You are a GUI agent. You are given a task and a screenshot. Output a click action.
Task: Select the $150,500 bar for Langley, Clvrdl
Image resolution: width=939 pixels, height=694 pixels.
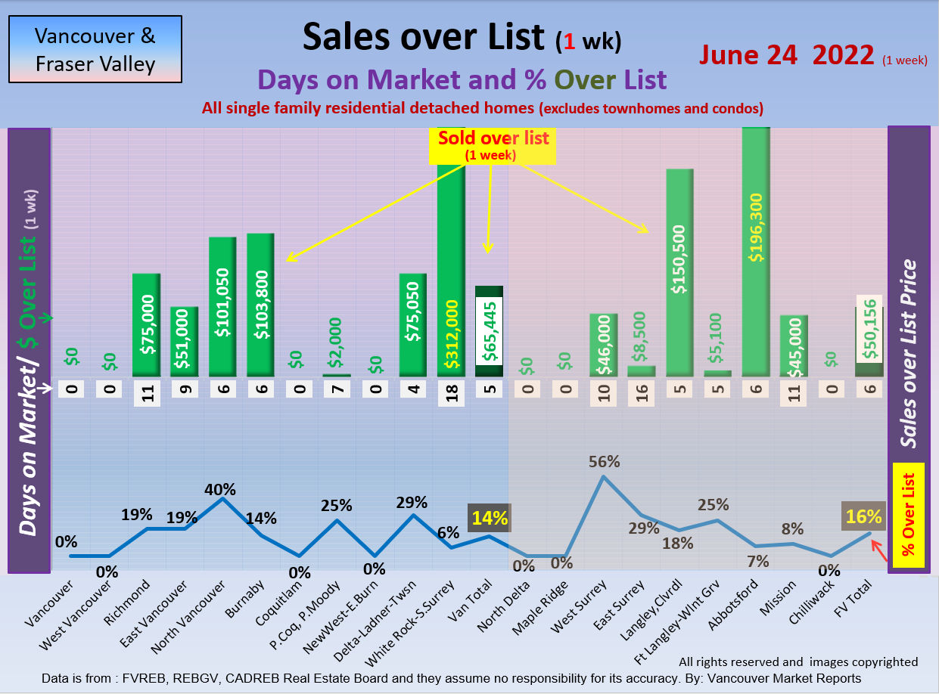pyautogui.click(x=679, y=272)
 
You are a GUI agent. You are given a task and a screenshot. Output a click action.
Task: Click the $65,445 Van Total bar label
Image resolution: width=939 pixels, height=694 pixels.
pyautogui.click(x=489, y=330)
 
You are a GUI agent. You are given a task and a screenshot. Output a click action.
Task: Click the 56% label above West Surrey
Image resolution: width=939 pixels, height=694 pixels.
pyautogui.click(x=605, y=461)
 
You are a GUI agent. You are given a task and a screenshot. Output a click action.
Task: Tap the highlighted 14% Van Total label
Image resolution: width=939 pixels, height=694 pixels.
pyautogui.click(x=490, y=518)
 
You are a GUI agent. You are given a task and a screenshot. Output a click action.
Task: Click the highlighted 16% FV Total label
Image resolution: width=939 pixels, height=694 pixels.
pyautogui.click(x=864, y=516)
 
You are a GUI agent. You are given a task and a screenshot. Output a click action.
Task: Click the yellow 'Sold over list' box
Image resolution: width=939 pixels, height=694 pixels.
pyautogui.click(x=493, y=145)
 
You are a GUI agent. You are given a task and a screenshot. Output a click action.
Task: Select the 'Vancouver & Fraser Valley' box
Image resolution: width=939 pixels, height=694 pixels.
pyautogui.click(x=95, y=49)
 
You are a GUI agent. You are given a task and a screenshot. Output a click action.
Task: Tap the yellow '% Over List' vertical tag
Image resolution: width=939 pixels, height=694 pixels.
pyautogui.click(x=908, y=516)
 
